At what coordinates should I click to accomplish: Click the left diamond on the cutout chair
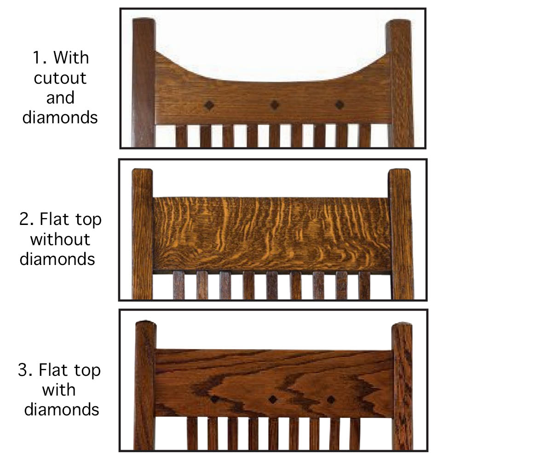(x=209, y=105)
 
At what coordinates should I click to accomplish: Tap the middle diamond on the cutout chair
(x=275, y=105)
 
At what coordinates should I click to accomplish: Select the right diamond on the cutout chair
(x=339, y=105)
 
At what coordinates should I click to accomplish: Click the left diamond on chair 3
(x=215, y=399)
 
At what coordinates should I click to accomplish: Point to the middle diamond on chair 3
(x=273, y=399)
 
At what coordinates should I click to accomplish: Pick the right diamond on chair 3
(x=331, y=400)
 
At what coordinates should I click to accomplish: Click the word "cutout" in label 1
(x=60, y=78)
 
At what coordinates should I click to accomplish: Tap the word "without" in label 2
(x=60, y=239)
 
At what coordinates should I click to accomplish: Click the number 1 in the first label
(x=36, y=57)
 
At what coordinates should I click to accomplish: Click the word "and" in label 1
(x=60, y=98)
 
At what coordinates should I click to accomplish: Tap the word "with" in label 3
(x=59, y=390)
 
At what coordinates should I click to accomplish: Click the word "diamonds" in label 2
(x=57, y=259)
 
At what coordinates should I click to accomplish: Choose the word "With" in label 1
(x=71, y=57)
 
